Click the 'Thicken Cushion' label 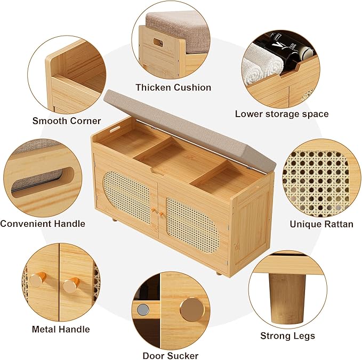pos(173,88)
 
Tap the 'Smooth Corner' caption pos(67,121)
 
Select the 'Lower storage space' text pos(281,114)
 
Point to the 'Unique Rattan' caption pos(321,224)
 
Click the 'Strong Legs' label pos(288,336)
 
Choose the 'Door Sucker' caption pos(171,355)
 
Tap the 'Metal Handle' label pos(61,329)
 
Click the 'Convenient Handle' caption pos(43,224)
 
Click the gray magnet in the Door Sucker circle pos(143,310)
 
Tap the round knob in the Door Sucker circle pos(192,310)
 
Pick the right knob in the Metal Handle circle pos(71,285)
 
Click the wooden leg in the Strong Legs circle pos(286,298)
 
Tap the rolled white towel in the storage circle pos(261,64)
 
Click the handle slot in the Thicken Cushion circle pos(158,43)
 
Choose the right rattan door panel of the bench pos(192,225)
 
